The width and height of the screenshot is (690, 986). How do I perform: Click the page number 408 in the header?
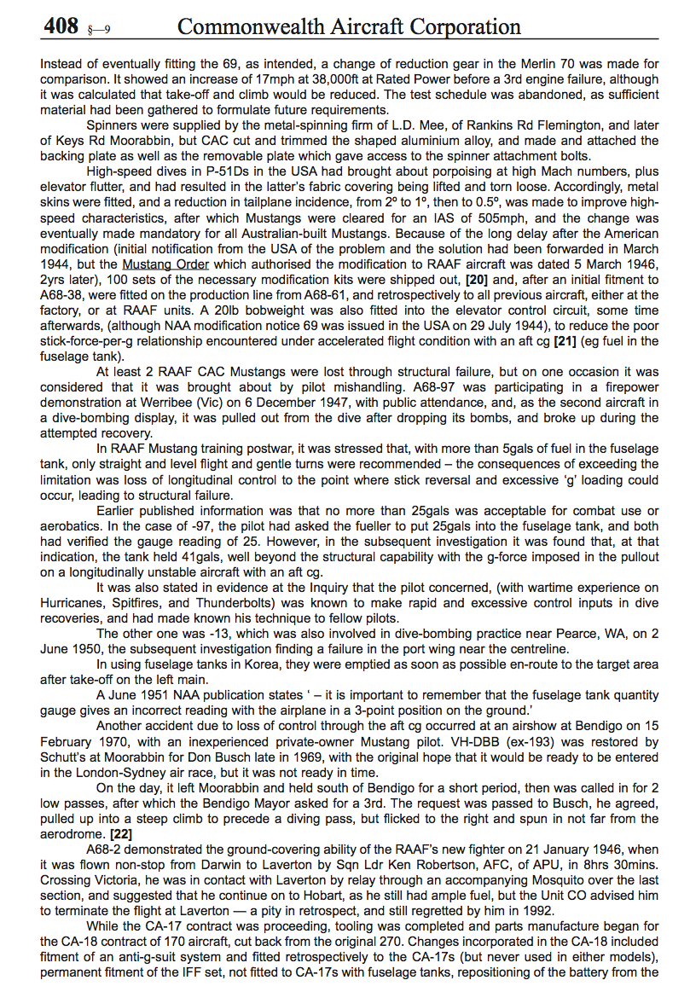point(61,26)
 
